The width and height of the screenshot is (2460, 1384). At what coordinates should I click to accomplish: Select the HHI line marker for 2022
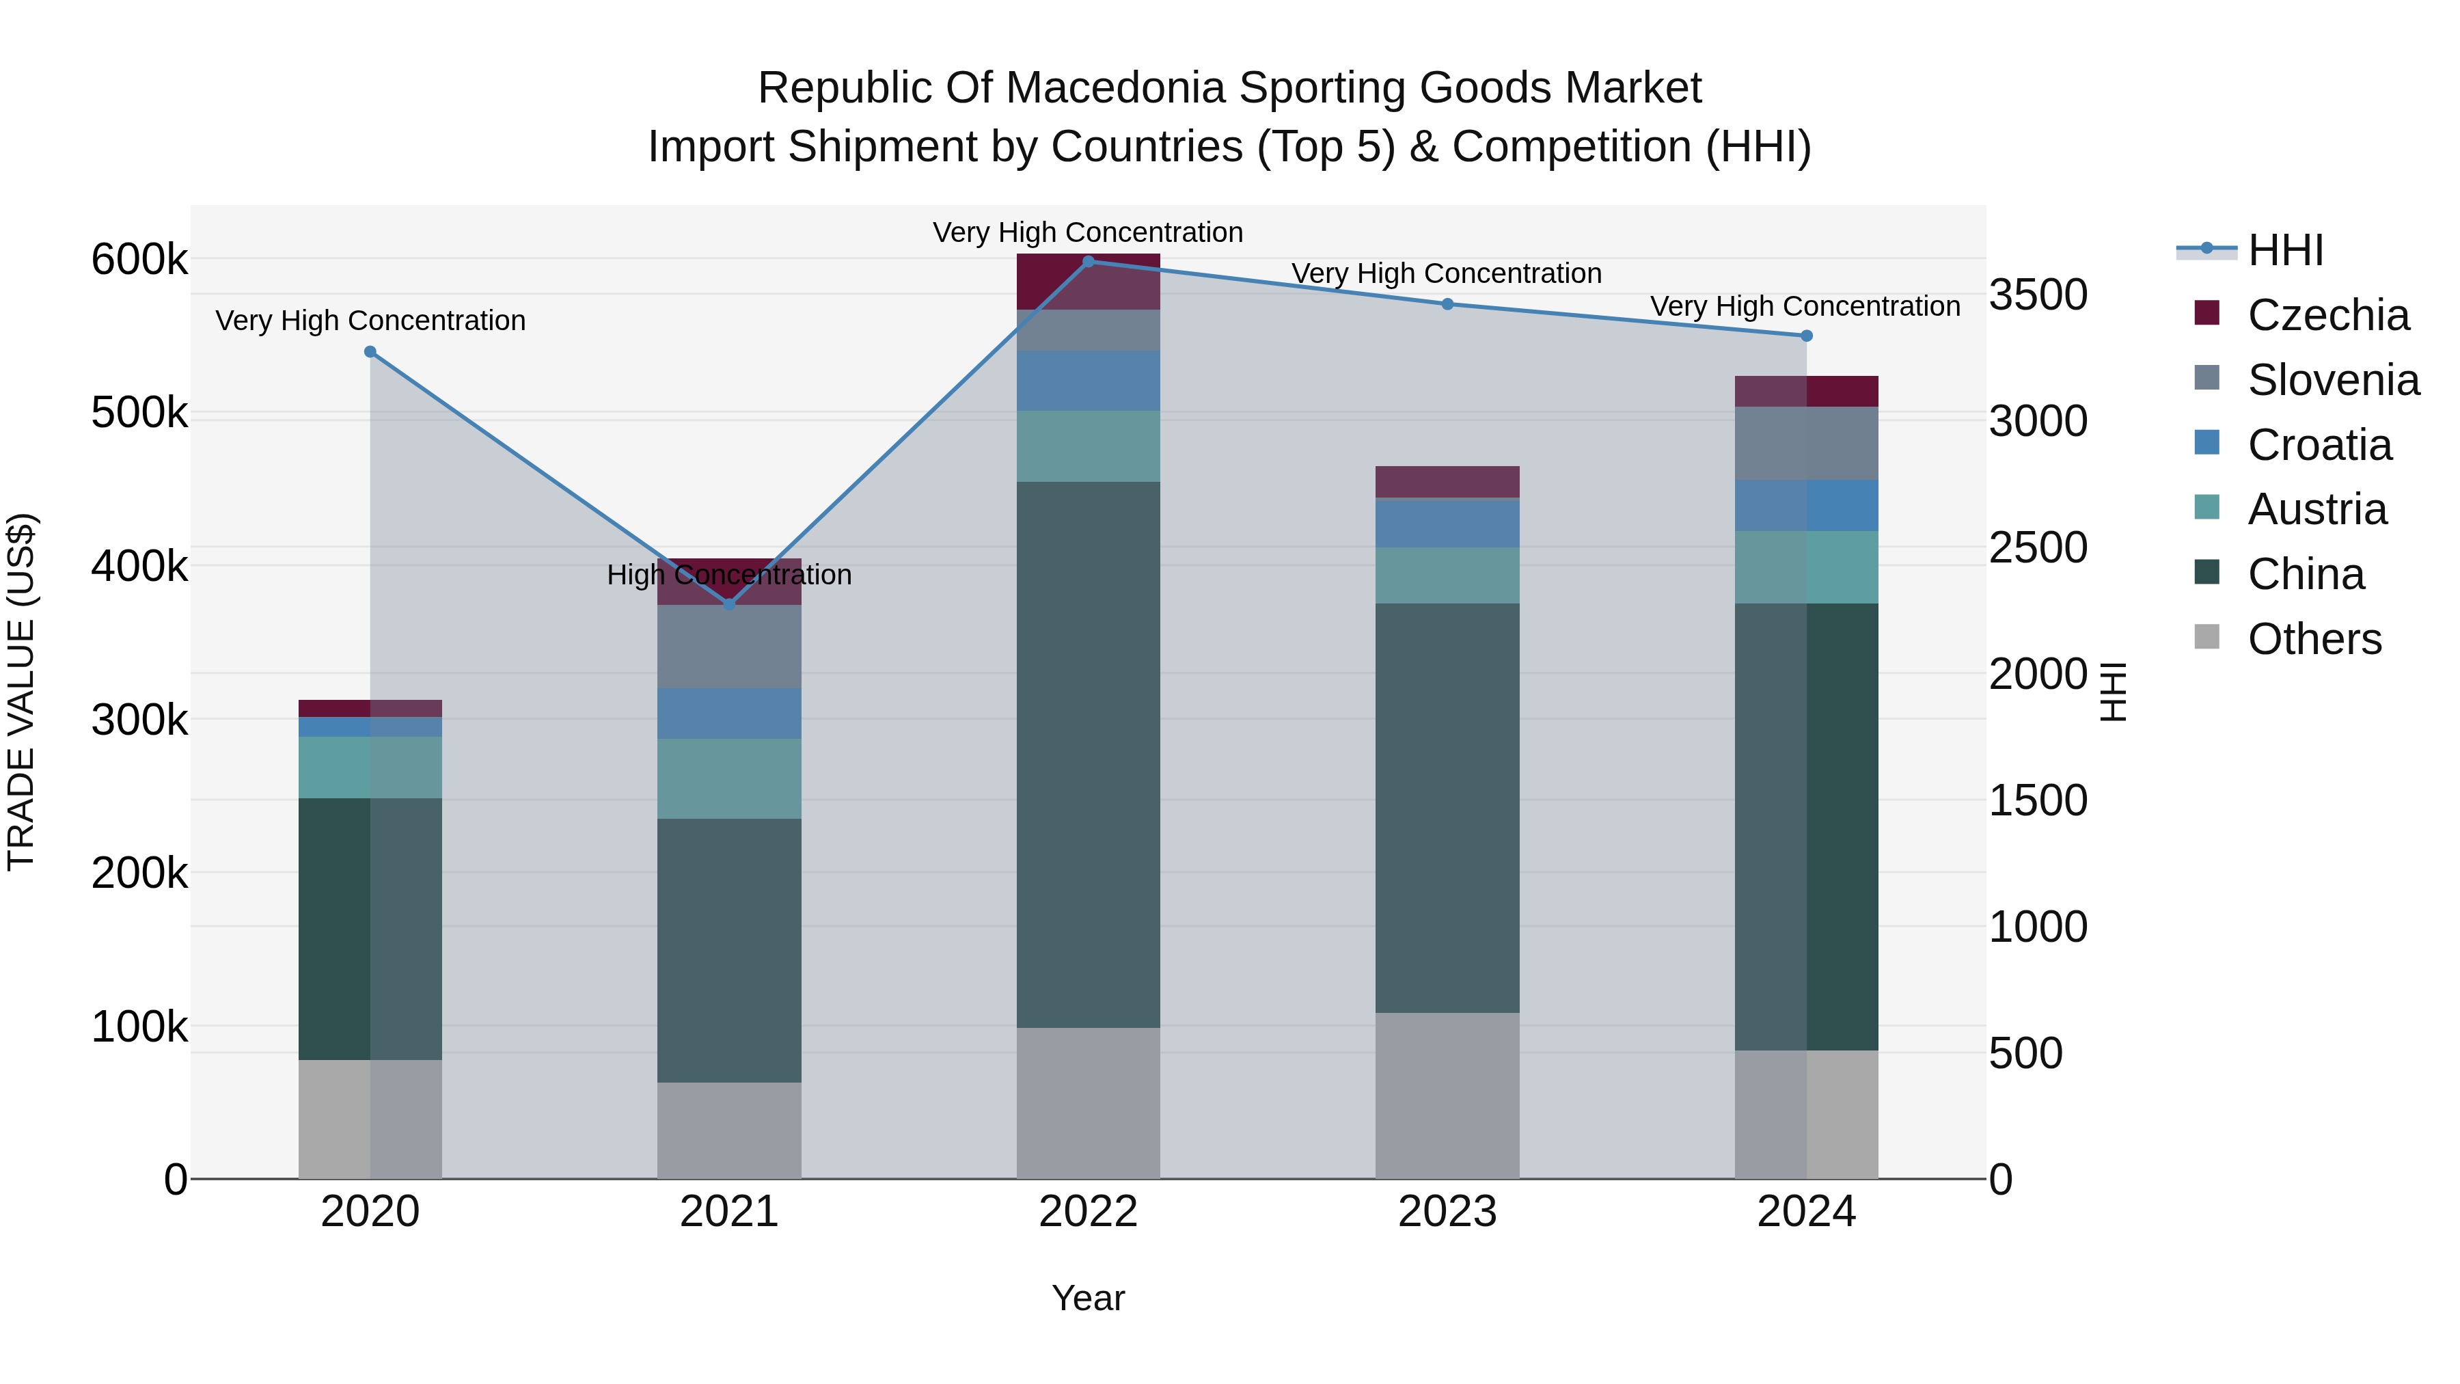(1088, 261)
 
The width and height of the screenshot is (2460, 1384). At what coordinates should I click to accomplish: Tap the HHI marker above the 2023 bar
(1447, 303)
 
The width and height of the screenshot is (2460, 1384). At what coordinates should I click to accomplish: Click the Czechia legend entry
(2328, 315)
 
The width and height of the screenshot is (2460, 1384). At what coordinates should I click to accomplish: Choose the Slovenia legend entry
(2333, 380)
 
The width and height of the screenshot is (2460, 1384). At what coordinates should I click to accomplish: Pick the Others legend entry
(2314, 639)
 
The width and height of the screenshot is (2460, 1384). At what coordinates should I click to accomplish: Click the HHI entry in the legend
(2285, 250)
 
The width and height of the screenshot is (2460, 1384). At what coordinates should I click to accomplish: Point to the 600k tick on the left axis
(139, 260)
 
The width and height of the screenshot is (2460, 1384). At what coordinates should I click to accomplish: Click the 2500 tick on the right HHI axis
(2038, 548)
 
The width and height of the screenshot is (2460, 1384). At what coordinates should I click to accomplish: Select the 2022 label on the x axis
(1088, 1212)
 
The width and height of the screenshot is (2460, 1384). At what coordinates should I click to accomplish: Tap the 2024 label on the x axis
(1806, 1212)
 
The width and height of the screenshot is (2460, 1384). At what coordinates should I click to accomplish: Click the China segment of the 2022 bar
(1088, 755)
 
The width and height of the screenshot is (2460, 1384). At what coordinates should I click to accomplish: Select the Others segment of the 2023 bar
(1447, 1095)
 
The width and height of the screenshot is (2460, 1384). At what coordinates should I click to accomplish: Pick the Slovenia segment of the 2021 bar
(728, 646)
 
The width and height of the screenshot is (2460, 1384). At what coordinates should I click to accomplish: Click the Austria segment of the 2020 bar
(370, 767)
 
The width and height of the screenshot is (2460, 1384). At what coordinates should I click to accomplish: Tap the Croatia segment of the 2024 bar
(1806, 505)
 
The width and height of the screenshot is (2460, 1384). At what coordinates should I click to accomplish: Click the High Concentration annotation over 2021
(728, 575)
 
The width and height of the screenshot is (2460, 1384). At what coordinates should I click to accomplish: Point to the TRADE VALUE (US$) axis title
(21, 692)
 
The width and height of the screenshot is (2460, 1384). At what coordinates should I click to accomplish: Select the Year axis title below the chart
(1088, 1298)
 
